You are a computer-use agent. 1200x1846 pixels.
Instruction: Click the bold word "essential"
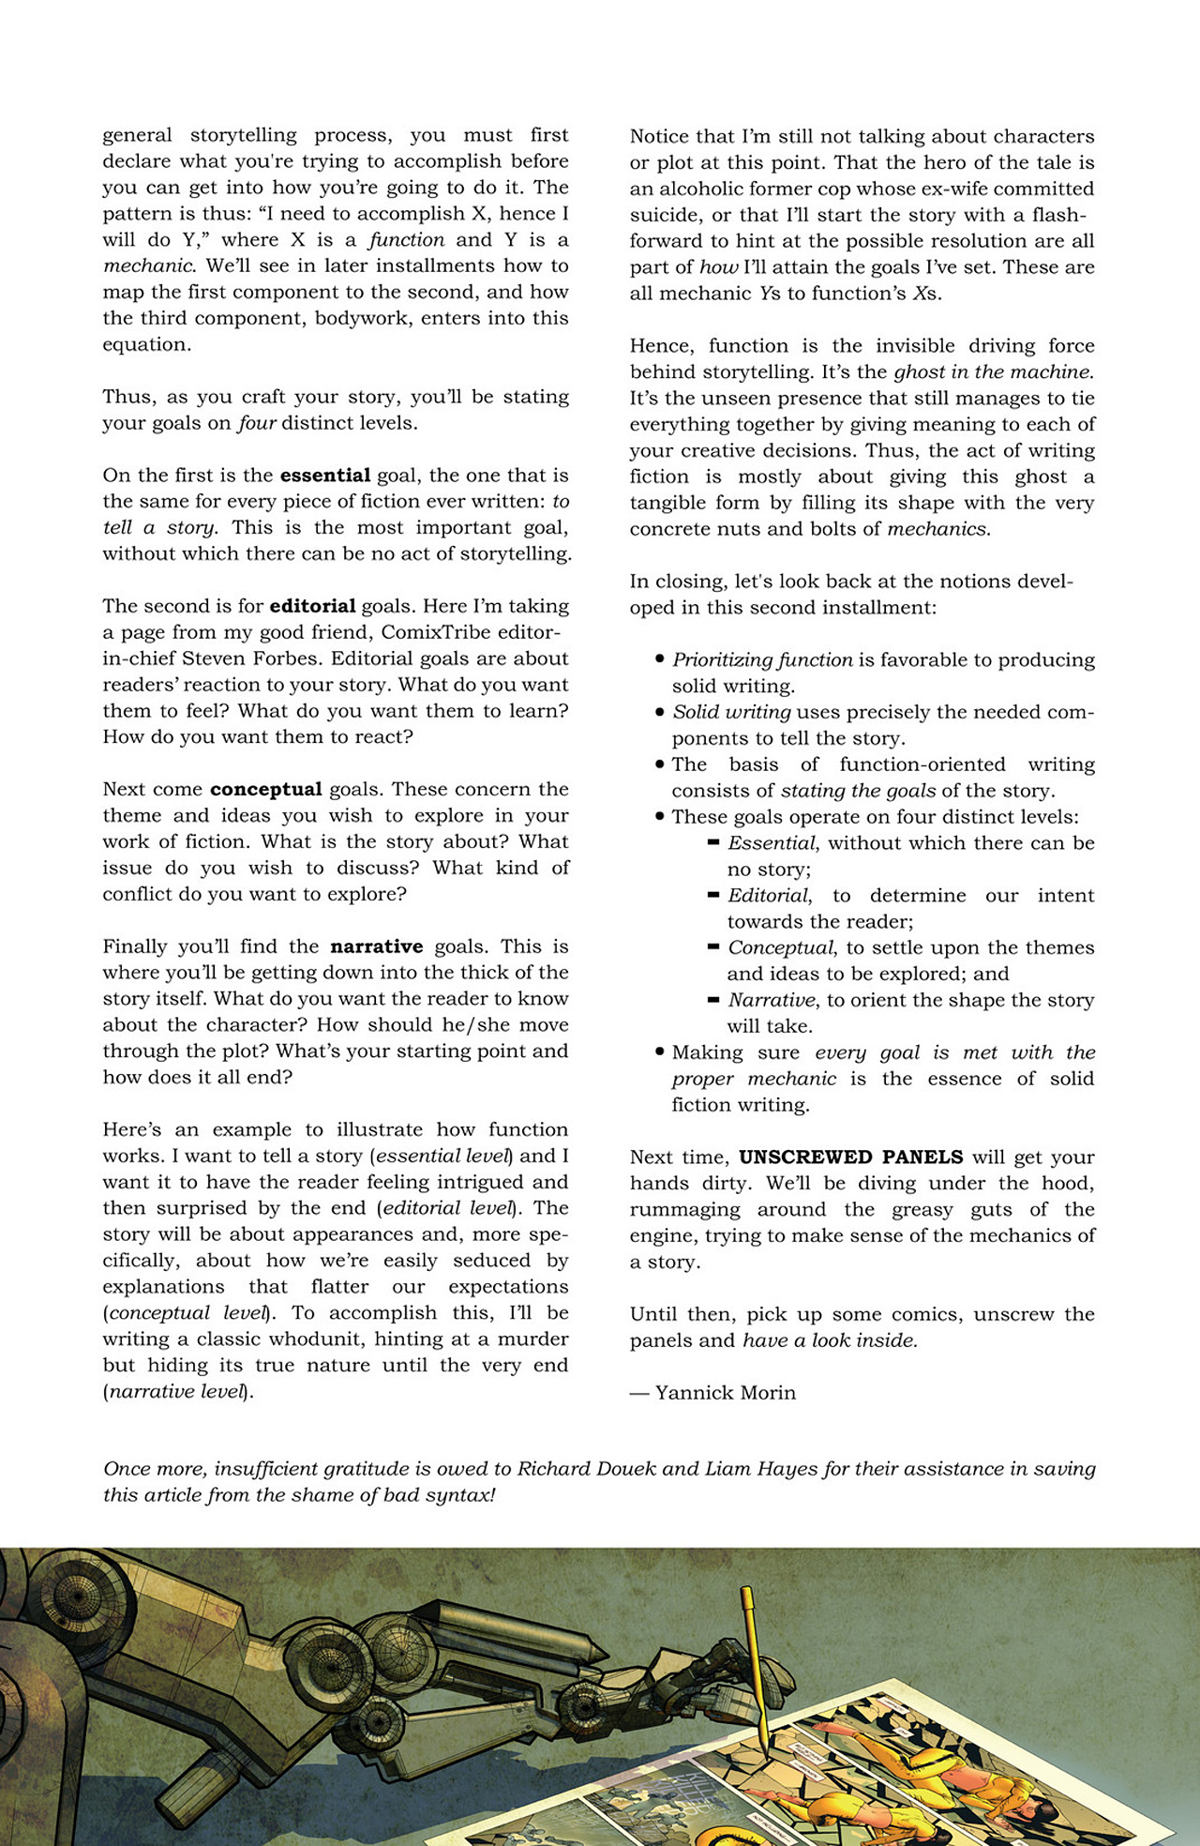click(x=325, y=476)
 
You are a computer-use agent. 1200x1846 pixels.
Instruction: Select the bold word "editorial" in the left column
click(x=312, y=606)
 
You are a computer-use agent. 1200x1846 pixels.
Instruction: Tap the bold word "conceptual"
click(x=265, y=789)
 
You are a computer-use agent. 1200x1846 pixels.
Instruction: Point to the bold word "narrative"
click(x=376, y=946)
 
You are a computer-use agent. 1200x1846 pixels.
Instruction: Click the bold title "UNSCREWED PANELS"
click(x=850, y=1157)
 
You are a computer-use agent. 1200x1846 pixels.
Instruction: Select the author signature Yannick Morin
click(x=725, y=1393)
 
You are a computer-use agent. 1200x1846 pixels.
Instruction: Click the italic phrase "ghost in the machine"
click(x=993, y=372)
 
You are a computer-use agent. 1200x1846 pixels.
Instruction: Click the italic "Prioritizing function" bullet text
click(x=762, y=660)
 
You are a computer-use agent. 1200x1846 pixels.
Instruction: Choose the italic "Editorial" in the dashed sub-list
click(x=769, y=896)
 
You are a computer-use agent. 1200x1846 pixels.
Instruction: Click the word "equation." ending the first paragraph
click(x=147, y=345)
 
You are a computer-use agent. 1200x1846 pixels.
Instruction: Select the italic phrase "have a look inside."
click(x=830, y=1340)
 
